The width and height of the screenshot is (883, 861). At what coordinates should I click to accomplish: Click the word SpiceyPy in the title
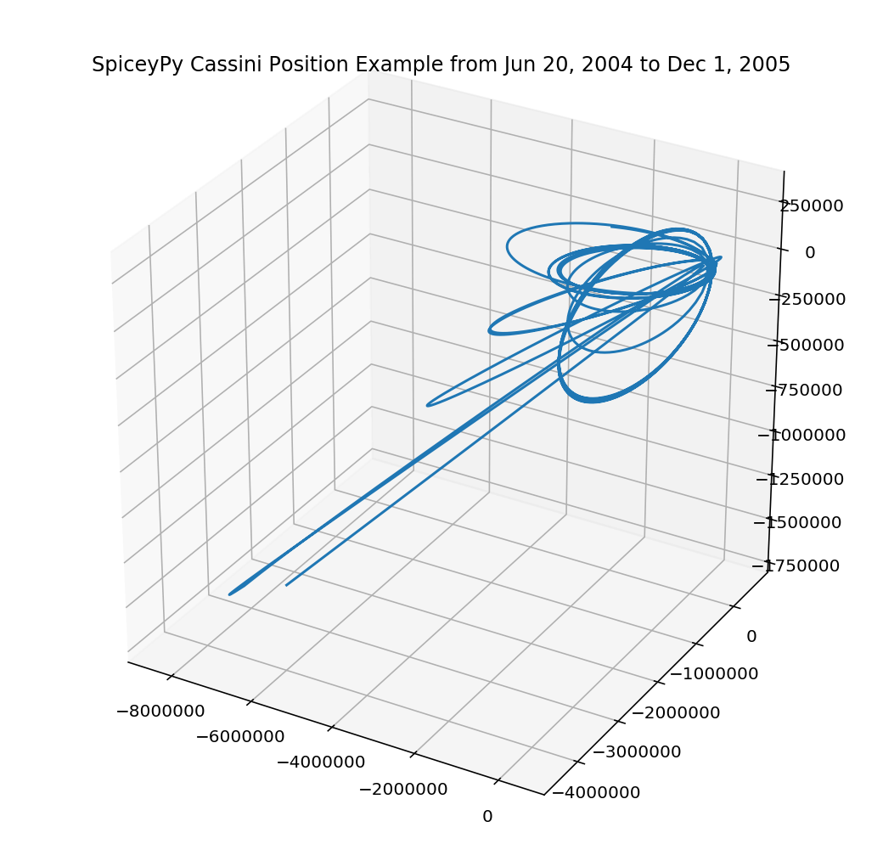click(x=129, y=65)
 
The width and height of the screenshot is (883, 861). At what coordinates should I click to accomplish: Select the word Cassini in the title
click(x=205, y=65)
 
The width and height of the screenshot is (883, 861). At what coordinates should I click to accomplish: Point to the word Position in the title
click(x=275, y=65)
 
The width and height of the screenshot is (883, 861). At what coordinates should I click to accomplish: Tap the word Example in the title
click(x=348, y=65)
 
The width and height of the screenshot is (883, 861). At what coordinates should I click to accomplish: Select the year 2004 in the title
click(x=536, y=65)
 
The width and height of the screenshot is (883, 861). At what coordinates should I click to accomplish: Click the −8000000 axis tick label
click(x=160, y=709)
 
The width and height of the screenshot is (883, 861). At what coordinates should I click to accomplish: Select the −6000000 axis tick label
click(x=240, y=737)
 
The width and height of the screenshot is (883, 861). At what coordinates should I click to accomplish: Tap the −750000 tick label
click(x=805, y=390)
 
